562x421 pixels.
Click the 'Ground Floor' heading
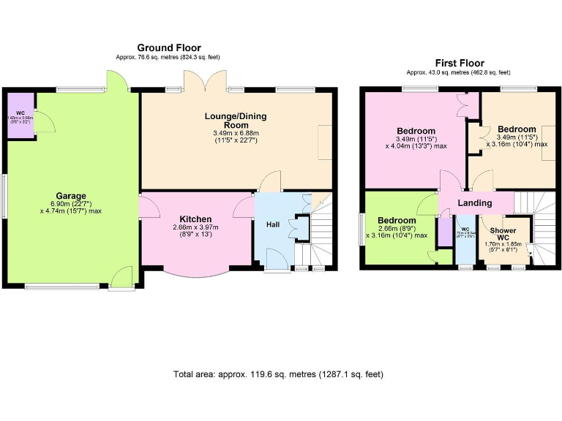[168, 48]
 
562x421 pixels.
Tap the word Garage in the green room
[70, 195]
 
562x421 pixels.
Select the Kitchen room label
[196, 219]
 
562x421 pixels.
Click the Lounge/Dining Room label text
[236, 121]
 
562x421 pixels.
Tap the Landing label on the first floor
[475, 202]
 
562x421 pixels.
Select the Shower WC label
[503, 234]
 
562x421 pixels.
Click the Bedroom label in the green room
[397, 220]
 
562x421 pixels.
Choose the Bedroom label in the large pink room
[416, 131]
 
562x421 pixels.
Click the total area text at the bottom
[278, 374]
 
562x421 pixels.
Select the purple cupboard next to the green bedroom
[443, 232]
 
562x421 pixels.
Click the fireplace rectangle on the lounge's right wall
[325, 141]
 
